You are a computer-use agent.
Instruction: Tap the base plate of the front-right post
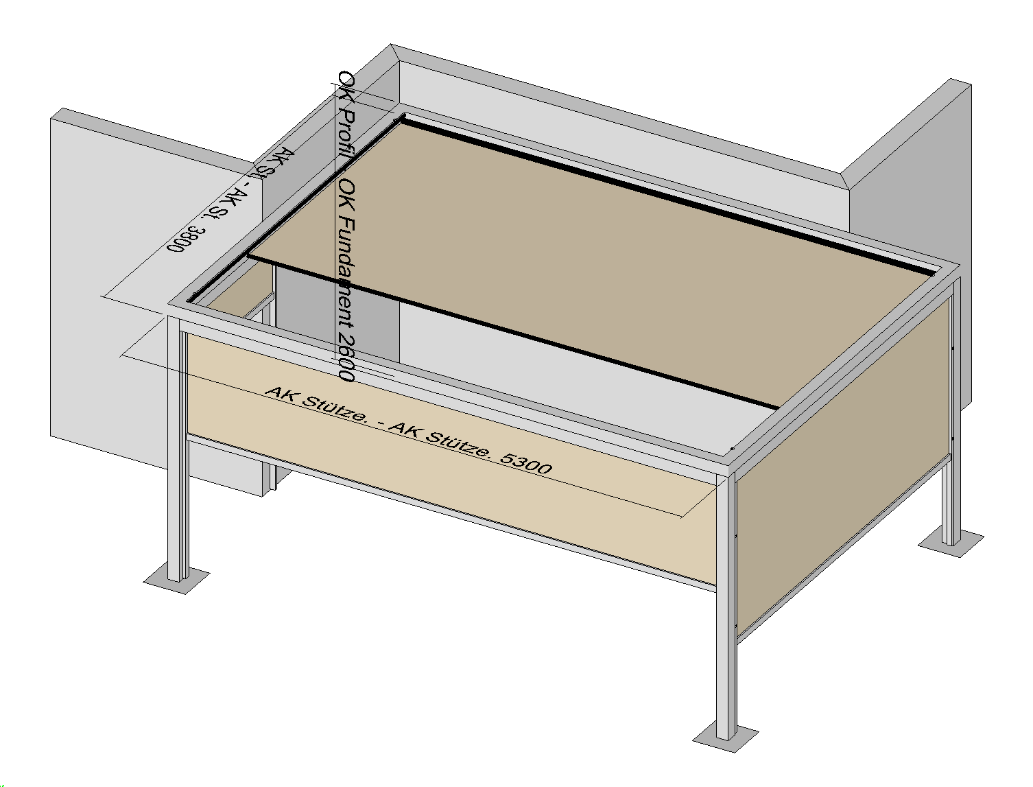[726, 738]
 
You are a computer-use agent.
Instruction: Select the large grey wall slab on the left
[110, 309]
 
